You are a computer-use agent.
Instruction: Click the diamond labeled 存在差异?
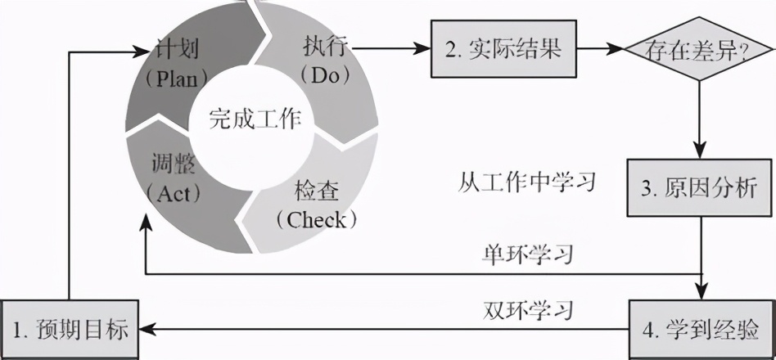point(698,49)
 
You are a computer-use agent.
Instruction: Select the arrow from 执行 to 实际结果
point(393,49)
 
